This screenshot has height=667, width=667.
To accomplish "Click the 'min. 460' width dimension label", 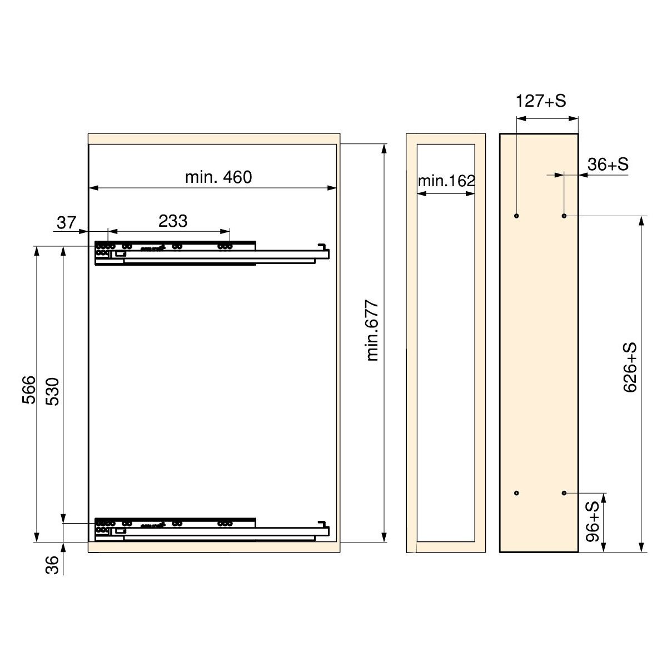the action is [x=218, y=177].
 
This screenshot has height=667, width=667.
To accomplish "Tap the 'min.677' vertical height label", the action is [x=372, y=331].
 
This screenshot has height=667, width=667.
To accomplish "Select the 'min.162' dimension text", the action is [x=446, y=181].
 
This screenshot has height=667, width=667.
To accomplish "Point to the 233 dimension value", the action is [x=173, y=221].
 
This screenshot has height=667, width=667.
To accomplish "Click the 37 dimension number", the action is [x=66, y=222].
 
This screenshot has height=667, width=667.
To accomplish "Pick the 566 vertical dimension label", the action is [x=29, y=390].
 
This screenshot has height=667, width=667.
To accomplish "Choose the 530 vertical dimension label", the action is [x=53, y=391].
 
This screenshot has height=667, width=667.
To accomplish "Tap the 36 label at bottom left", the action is [x=52, y=565].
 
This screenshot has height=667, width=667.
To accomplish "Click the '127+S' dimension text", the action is [x=541, y=101].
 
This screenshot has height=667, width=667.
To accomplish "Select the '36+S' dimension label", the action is [x=608, y=165].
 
